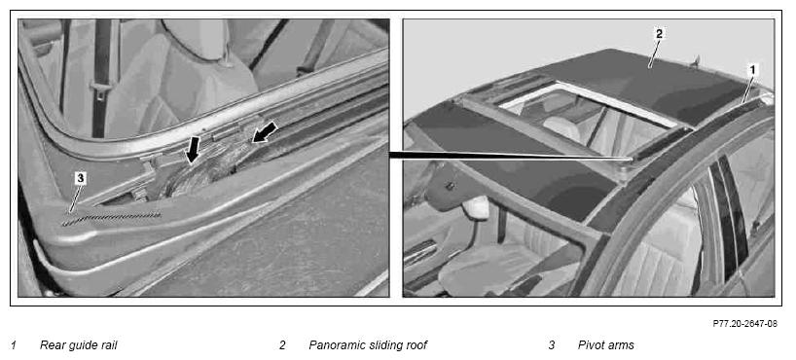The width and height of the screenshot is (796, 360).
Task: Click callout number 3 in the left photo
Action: (80, 178)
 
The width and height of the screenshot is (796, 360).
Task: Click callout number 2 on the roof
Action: (659, 34)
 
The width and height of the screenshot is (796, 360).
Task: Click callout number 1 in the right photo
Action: (753, 68)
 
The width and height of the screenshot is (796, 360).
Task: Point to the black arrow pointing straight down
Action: (192, 149)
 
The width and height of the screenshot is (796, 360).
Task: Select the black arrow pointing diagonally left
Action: (265, 132)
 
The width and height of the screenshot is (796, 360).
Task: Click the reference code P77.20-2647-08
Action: (744, 323)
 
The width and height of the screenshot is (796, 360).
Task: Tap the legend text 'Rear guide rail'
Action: (79, 345)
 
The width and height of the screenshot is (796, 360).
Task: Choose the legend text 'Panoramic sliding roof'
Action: (368, 345)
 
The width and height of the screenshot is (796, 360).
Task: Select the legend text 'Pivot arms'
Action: (605, 345)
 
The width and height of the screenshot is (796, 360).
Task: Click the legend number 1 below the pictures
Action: (14, 345)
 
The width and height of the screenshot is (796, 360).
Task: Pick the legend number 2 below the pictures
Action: (282, 345)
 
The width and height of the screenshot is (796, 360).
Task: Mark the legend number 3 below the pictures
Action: (552, 345)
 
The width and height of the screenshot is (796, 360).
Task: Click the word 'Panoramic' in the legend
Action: (334, 345)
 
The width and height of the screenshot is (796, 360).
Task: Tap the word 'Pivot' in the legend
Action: (591, 345)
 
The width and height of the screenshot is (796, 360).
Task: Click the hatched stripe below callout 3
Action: (111, 219)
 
